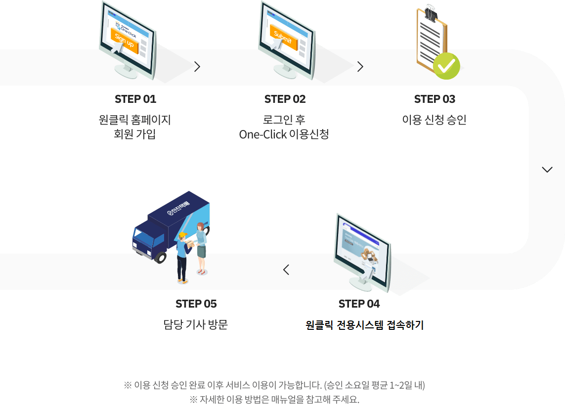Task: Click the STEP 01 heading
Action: pyautogui.click(x=135, y=99)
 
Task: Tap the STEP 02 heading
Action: pyautogui.click(x=285, y=99)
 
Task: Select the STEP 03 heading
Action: pyautogui.click(x=435, y=99)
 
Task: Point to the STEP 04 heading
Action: pyautogui.click(x=359, y=304)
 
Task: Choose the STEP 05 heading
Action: pyautogui.click(x=196, y=304)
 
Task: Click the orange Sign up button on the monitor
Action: pyautogui.click(x=124, y=41)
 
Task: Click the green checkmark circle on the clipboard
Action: pyautogui.click(x=446, y=66)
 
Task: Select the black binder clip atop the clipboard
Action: pyautogui.click(x=430, y=13)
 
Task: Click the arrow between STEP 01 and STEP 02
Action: pyautogui.click(x=197, y=67)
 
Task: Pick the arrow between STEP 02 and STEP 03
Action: pyautogui.click(x=360, y=67)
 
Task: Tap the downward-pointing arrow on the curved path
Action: pyautogui.click(x=547, y=170)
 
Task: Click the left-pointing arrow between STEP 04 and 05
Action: pyautogui.click(x=286, y=270)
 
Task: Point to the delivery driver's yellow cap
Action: pyautogui.click(x=183, y=235)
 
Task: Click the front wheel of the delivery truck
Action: pyautogui.click(x=160, y=257)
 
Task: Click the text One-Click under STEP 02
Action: pyautogui.click(x=263, y=135)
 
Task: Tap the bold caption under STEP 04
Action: pyautogui.click(x=365, y=325)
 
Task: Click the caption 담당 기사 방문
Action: pyautogui.click(x=196, y=324)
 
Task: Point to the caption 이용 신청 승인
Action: pyautogui.click(x=435, y=120)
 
